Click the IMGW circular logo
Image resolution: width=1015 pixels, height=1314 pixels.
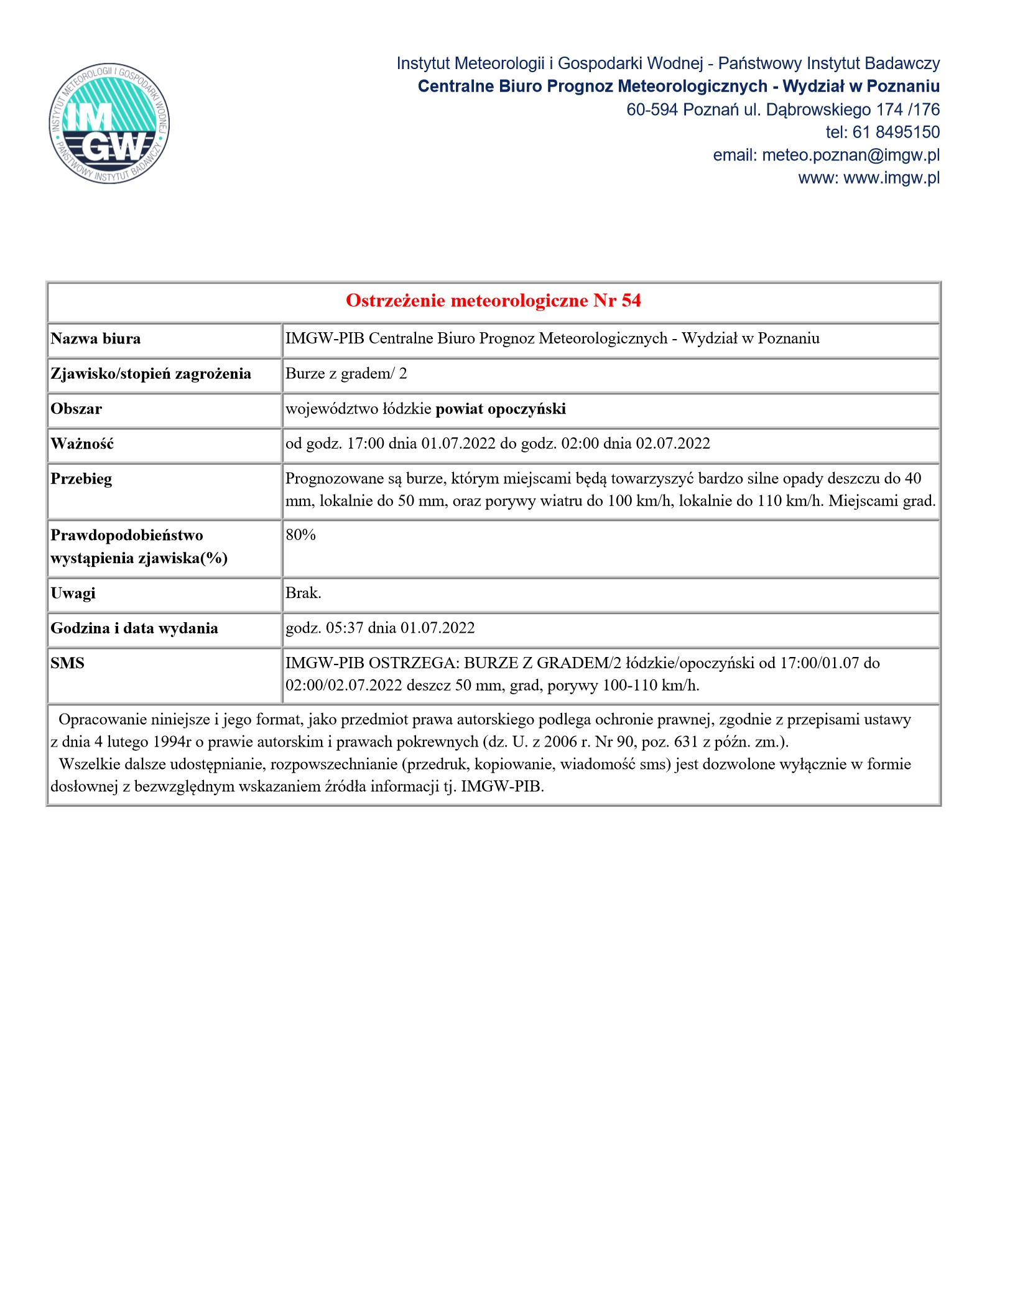pyautogui.click(x=109, y=123)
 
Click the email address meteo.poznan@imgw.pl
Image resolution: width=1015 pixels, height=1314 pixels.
pyautogui.click(x=850, y=155)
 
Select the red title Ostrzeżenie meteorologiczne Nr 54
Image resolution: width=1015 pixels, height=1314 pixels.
pyautogui.click(x=493, y=301)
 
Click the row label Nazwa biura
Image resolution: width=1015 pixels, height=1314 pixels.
pyautogui.click(x=96, y=338)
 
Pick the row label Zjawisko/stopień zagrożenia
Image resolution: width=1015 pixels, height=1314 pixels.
pyautogui.click(x=151, y=374)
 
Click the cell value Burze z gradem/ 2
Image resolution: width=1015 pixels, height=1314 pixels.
pyautogui.click(x=346, y=373)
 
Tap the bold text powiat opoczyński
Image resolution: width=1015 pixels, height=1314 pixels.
pyautogui.click(x=501, y=409)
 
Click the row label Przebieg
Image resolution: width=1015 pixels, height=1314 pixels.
pyautogui.click(x=81, y=479)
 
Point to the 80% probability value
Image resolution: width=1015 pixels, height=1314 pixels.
pyautogui.click(x=301, y=535)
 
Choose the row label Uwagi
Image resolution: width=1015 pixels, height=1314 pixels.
pyautogui.click(x=73, y=593)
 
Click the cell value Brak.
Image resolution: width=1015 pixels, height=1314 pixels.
pyautogui.click(x=304, y=593)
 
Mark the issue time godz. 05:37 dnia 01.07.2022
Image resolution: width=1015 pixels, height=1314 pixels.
pyautogui.click(x=380, y=628)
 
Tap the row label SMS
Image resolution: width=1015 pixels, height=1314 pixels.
pyautogui.click(x=67, y=663)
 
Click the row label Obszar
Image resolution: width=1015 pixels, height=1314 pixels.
pyautogui.click(x=76, y=409)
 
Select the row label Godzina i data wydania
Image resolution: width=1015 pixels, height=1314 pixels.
pyautogui.click(x=134, y=628)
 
